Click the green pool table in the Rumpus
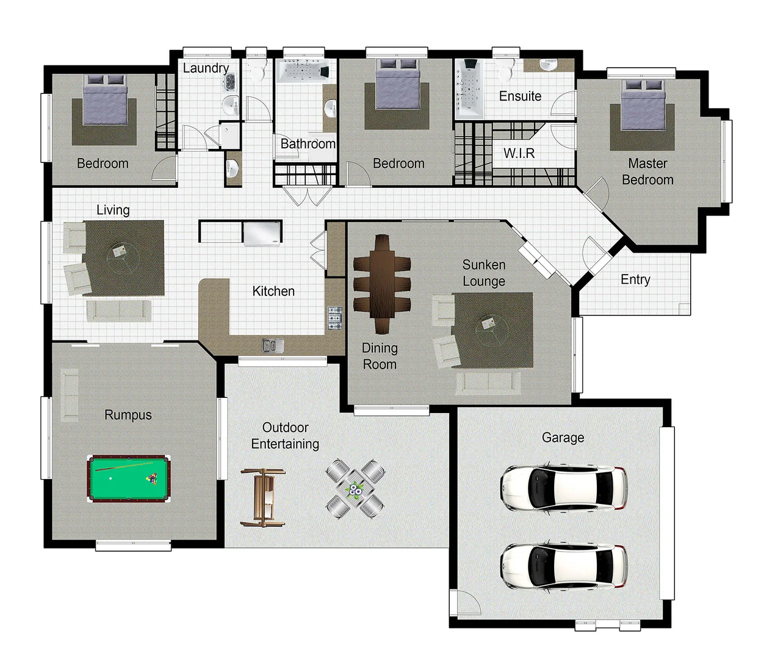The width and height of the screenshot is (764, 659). [x=129, y=478]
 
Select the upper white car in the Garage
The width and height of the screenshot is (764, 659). [x=563, y=488]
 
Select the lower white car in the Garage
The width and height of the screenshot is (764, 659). [x=563, y=566]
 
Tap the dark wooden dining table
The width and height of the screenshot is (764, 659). [x=382, y=284]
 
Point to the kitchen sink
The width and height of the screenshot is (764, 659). [x=273, y=346]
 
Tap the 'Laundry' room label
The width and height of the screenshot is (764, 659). [x=206, y=68]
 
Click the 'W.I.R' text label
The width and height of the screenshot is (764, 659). [x=519, y=153]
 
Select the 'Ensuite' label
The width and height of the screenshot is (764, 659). [x=520, y=96]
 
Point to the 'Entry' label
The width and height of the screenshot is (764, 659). [x=635, y=279]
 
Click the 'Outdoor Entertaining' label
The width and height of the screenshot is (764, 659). [x=285, y=436]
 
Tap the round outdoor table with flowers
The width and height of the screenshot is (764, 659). [x=355, y=489]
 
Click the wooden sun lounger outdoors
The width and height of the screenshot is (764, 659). [x=264, y=497]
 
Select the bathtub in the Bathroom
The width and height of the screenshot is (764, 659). [x=303, y=71]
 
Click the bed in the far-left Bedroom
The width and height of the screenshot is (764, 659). [x=104, y=100]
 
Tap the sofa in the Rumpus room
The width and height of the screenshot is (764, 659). [x=70, y=395]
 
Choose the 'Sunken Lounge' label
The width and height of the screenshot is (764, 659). [x=483, y=273]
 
